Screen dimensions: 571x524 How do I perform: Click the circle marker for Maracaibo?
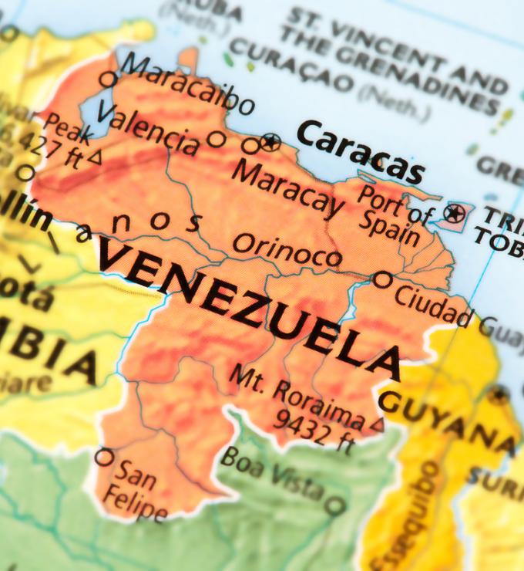click(109, 78)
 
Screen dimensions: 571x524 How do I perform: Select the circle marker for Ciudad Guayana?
click(382, 279)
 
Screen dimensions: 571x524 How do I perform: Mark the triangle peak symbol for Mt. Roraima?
click(377, 424)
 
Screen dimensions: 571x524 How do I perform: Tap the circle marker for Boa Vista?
click(334, 506)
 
